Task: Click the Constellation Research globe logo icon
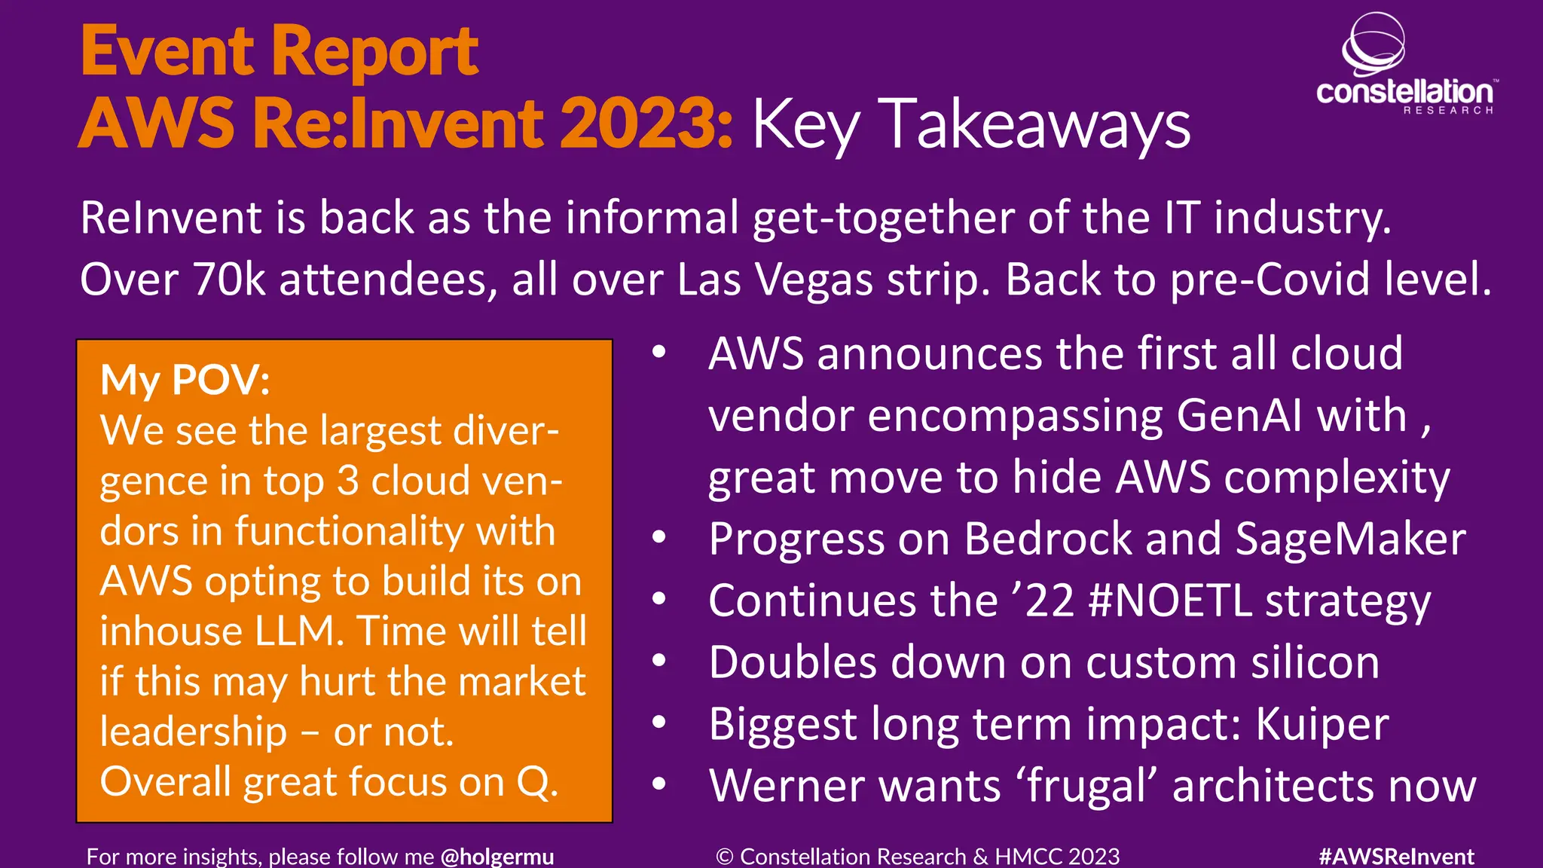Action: point(1373,44)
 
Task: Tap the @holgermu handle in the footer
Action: point(497,857)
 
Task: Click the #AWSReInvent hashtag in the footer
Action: point(1396,857)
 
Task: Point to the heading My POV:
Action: point(185,380)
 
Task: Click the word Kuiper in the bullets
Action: point(1322,725)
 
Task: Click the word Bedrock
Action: point(1048,539)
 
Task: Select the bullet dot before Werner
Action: point(659,784)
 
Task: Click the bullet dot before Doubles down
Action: point(659,661)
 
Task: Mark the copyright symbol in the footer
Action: point(724,857)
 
